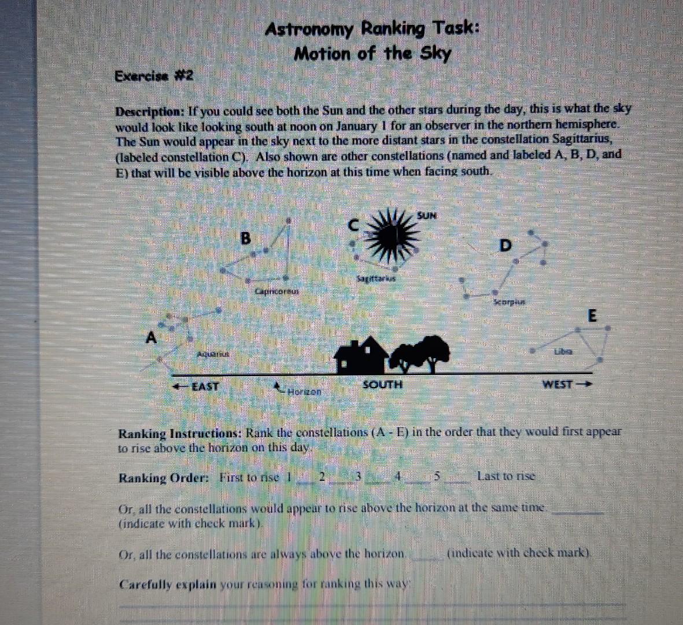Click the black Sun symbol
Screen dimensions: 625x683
[393, 236]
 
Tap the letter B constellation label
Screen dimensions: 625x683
[246, 238]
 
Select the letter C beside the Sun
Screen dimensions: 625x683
[354, 225]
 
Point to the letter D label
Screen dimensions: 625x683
[505, 245]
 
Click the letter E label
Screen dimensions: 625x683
[591, 316]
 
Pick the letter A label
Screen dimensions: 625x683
[152, 337]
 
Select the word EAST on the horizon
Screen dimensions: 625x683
[205, 386]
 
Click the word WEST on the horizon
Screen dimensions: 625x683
[557, 384]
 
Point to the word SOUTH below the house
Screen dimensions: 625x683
[382, 384]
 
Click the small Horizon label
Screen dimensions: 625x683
[304, 392]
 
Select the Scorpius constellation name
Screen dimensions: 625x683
[508, 302]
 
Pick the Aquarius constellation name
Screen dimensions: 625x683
[212, 353]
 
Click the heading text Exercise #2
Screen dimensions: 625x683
[153, 76]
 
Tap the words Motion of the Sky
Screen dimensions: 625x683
[372, 54]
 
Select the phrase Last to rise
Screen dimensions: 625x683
[506, 476]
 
